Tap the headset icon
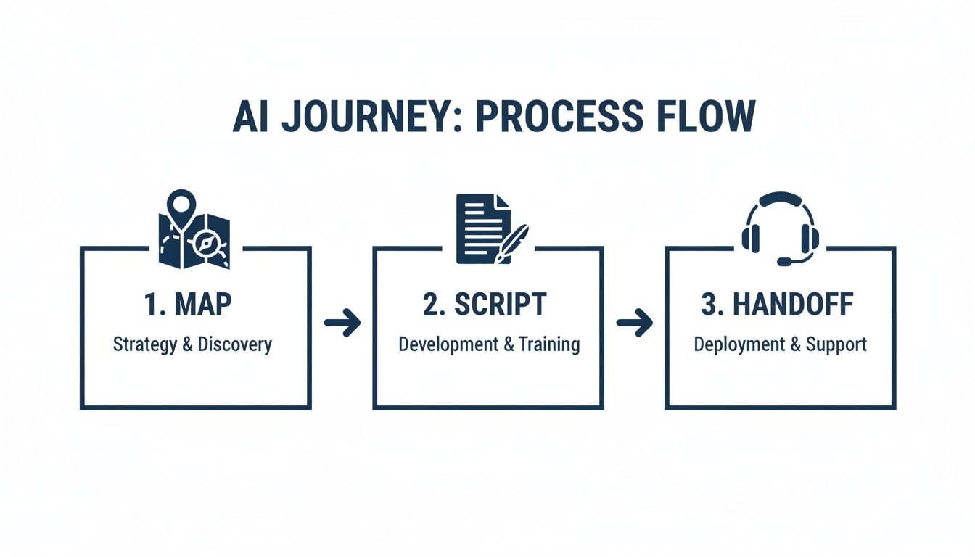[780, 228]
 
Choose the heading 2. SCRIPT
[485, 305]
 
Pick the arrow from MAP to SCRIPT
[342, 323]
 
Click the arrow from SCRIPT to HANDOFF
[634, 323]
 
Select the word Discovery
[235, 344]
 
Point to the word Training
[549, 344]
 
